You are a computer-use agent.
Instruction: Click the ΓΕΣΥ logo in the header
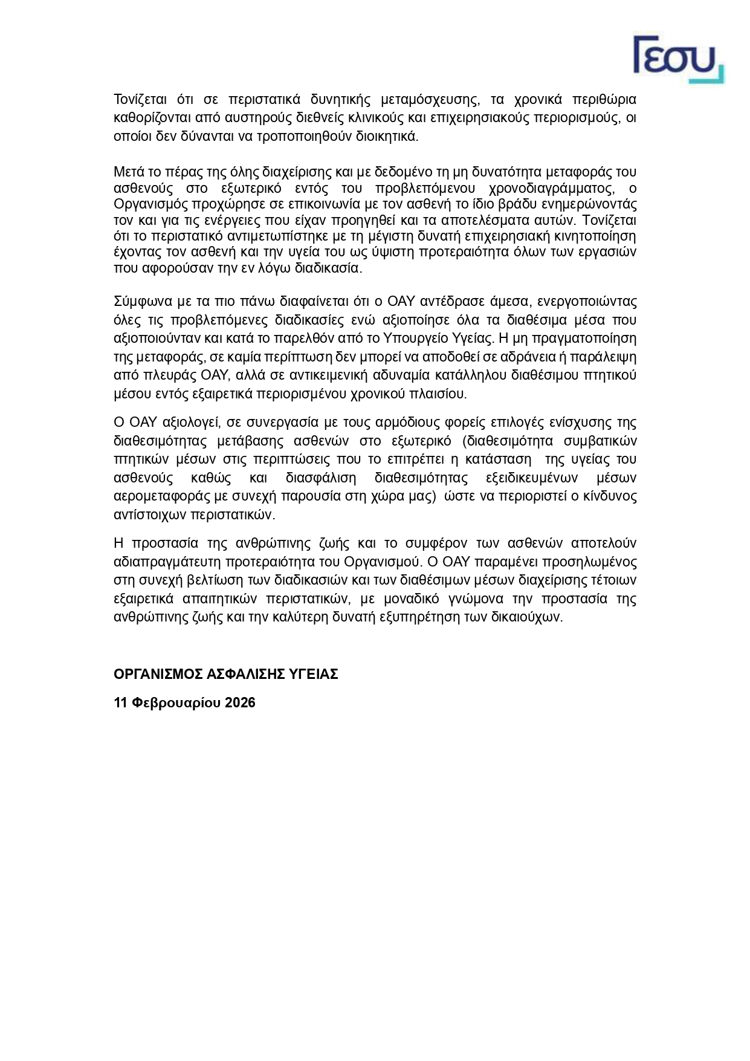click(677, 59)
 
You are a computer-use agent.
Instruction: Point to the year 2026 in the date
click(240, 702)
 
